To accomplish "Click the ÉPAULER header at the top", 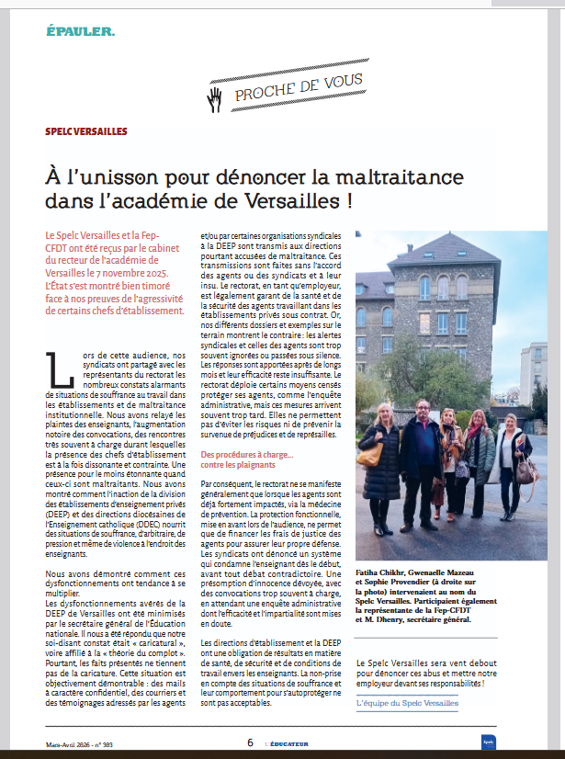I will pos(81,32).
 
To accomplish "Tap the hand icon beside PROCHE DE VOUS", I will pos(215,97).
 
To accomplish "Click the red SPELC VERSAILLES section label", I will pos(86,132).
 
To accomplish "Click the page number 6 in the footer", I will pos(249,742).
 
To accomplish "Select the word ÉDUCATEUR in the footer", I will pos(284,743).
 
